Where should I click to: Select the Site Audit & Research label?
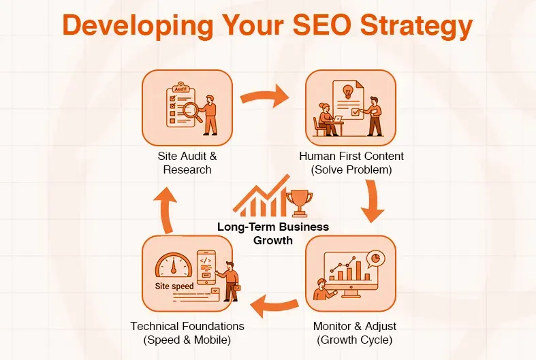[x=187, y=163]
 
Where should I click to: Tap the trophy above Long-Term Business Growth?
[x=298, y=202]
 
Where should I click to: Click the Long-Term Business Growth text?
[x=273, y=233]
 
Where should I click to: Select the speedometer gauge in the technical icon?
[x=171, y=265]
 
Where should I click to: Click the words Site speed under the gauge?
[x=174, y=287]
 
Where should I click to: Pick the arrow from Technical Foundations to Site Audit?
[x=164, y=203]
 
